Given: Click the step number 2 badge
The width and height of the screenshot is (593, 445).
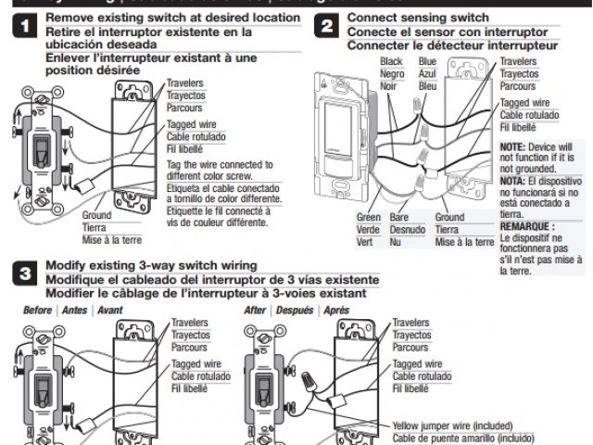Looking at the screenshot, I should (x=325, y=27).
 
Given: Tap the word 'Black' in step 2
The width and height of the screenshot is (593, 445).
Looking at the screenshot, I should (x=392, y=61).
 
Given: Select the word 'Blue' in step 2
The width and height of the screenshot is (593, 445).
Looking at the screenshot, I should (x=427, y=61).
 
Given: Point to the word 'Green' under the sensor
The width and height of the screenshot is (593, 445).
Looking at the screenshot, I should (x=369, y=217).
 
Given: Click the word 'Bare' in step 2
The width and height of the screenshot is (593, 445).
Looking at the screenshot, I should (x=399, y=217).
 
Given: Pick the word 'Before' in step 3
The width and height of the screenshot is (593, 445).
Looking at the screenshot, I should (x=37, y=310).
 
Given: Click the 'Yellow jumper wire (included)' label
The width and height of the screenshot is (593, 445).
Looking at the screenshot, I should (x=457, y=426).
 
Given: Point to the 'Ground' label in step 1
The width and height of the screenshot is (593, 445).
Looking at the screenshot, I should (x=96, y=215).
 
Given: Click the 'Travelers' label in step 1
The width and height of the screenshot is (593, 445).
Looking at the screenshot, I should (x=186, y=83).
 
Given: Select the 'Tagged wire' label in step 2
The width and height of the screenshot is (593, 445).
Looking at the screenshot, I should (x=524, y=103).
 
